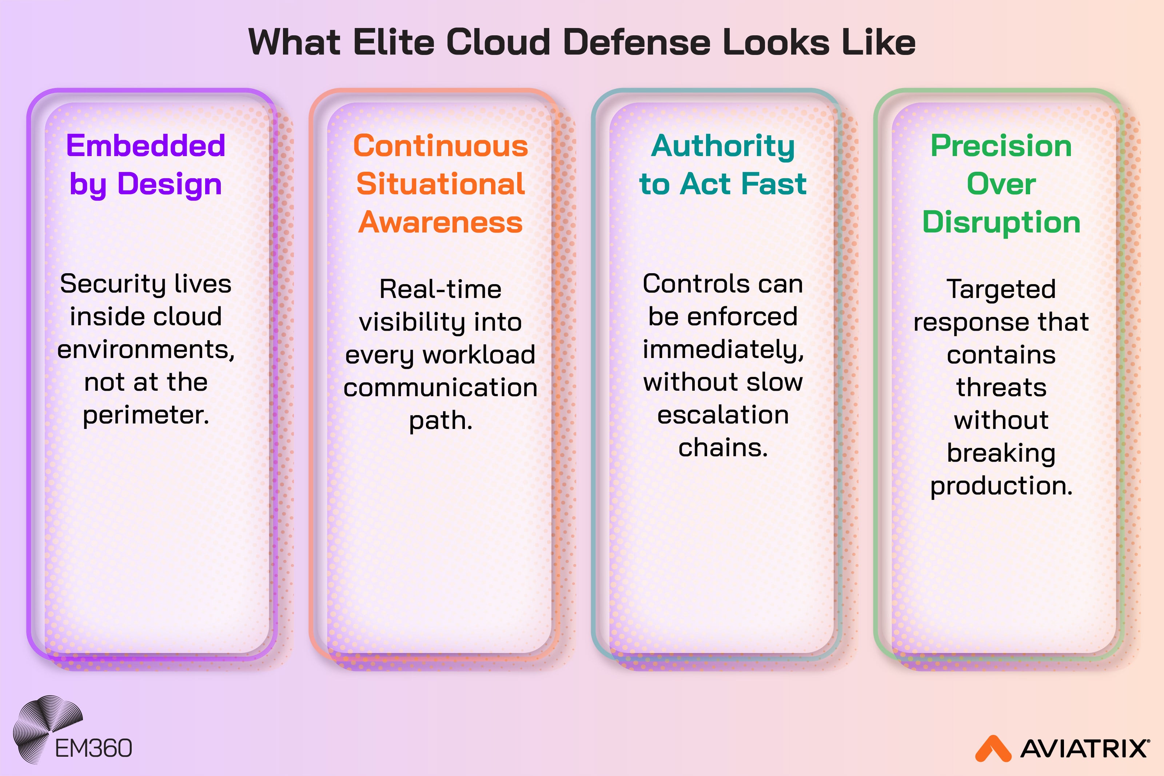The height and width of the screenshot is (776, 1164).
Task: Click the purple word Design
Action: coord(169,184)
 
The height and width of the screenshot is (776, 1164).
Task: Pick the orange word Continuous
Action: coord(440,147)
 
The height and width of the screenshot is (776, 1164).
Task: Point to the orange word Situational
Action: coord(440,184)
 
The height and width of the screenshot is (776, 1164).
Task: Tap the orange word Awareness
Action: coord(440,222)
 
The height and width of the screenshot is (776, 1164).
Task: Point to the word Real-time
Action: coord(440,289)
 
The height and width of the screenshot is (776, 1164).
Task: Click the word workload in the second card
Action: coord(478,355)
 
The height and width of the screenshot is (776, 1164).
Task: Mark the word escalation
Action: coord(723,415)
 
